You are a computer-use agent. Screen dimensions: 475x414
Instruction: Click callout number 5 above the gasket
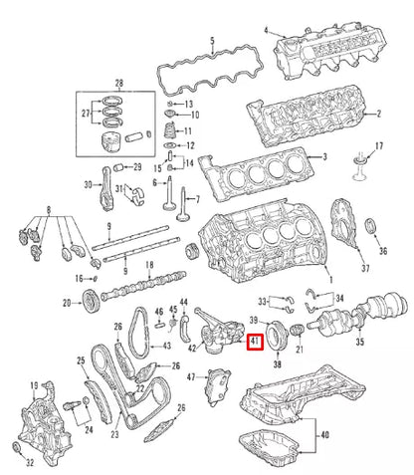212,42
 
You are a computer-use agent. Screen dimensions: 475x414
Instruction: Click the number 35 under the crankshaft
360,341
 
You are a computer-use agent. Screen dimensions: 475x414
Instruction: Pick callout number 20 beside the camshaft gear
66,303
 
